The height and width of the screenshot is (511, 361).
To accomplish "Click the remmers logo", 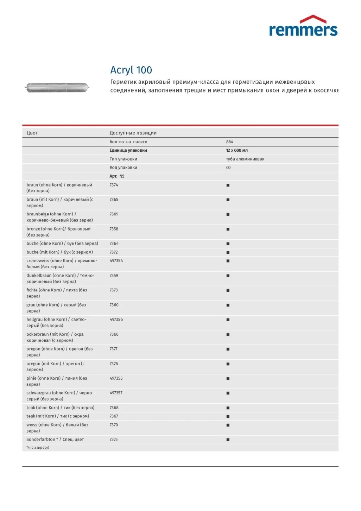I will coord(303,26).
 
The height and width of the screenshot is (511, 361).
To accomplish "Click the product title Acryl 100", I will coord(131,70).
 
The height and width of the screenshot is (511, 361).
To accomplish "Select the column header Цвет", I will coord(32,133).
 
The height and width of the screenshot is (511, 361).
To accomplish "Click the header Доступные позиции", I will coord(133,133).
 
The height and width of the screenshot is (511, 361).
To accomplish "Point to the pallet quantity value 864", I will coord(230,142).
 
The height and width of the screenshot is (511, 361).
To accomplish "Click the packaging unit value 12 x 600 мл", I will coord(237,150).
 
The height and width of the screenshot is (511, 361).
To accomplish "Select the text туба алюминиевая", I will coord(245,159).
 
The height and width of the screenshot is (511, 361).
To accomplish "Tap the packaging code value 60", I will coord(228,168).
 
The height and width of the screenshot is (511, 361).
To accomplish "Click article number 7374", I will coord(114,185).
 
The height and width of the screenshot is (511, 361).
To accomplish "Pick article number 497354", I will coord(116,261).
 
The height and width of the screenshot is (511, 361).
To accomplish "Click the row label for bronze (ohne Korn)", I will coord(58,232).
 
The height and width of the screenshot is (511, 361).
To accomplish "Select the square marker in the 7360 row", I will coord(228,305).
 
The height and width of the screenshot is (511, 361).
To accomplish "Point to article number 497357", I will coord(116,393).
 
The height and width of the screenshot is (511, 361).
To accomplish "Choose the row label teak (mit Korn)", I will coord(58,416).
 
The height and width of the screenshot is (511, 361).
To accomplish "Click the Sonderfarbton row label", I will coord(55,440).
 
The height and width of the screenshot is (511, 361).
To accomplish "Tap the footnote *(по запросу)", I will coord(38,448).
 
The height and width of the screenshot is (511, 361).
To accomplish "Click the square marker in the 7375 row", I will coord(228,440).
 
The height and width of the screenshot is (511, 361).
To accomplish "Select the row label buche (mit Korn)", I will coord(59,252).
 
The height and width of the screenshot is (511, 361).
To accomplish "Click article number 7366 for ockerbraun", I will coord(114,334).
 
